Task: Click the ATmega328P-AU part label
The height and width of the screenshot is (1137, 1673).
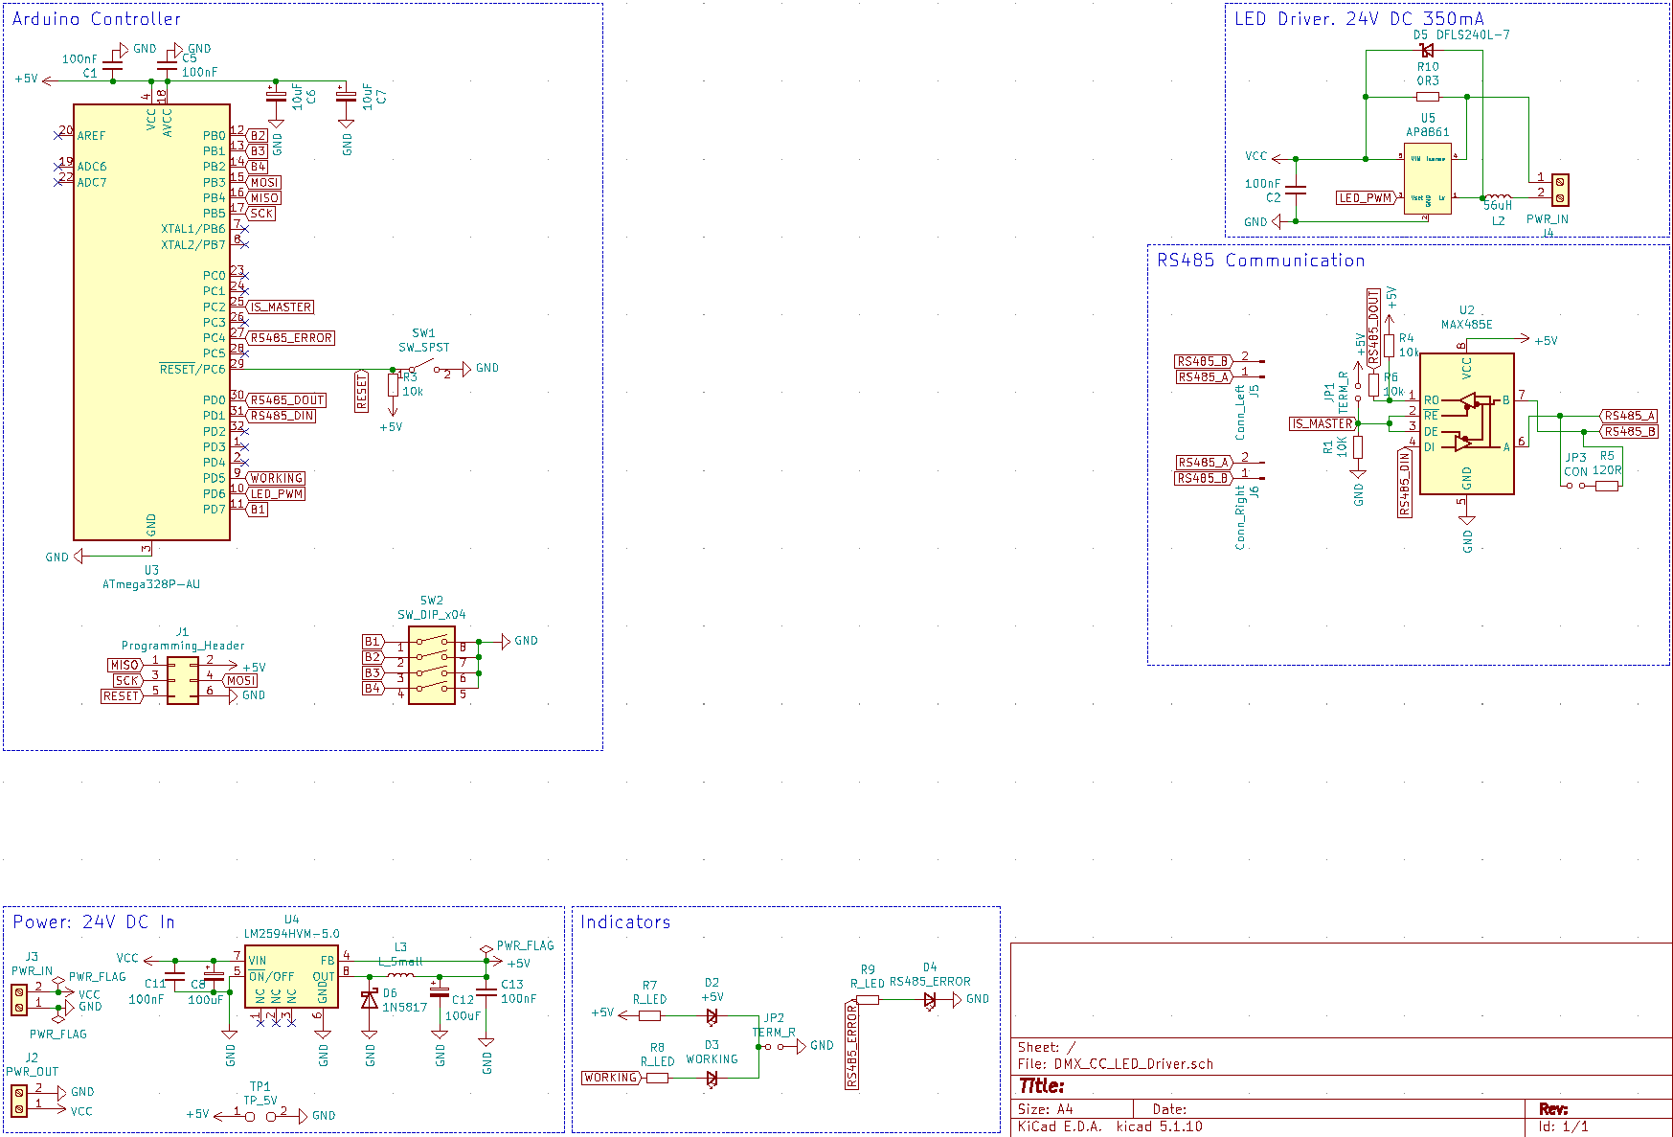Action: [151, 584]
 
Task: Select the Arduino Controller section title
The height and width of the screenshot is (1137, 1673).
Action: [96, 19]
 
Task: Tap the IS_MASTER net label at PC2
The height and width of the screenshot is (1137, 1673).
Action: [282, 307]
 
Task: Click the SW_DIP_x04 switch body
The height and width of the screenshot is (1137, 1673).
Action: [432, 665]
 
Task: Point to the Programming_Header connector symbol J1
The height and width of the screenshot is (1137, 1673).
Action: [183, 680]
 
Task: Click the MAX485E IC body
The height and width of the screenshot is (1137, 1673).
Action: [1466, 423]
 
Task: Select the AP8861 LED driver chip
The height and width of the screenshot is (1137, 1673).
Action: [1428, 178]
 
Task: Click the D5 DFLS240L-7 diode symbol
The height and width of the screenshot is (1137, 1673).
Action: [1427, 51]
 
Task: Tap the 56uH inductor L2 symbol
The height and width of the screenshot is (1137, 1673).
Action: [1497, 197]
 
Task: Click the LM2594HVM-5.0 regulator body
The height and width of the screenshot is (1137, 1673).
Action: [291, 976]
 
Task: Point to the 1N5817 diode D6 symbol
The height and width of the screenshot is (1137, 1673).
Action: [370, 1000]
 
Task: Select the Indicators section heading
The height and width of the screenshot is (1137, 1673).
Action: [625, 922]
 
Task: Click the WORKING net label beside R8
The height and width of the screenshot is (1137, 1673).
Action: [610, 1078]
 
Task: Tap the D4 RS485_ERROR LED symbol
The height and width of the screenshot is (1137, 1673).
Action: [929, 999]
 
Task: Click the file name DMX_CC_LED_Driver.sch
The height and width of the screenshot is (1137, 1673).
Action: [1133, 1064]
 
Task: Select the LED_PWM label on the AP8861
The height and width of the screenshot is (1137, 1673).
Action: [1365, 198]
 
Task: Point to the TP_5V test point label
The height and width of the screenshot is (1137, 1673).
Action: [260, 1101]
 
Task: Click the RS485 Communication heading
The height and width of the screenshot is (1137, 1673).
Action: [1260, 261]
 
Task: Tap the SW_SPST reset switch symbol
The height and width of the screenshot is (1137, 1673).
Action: [424, 369]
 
